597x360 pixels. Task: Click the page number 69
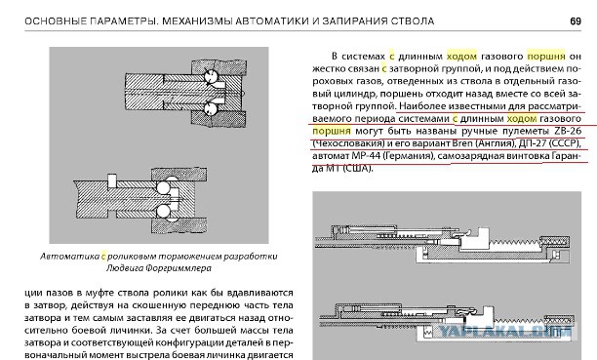pos(576,20)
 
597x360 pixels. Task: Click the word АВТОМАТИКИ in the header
pos(272,20)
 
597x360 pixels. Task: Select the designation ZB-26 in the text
pos(568,131)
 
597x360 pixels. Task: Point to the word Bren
pos(461,143)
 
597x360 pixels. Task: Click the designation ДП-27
pos(532,143)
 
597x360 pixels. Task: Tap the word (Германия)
pos(408,156)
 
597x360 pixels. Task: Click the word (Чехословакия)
pos(348,143)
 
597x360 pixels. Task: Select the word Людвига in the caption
pos(124,268)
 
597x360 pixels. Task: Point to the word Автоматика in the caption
pos(70,257)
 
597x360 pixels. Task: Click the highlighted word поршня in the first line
pos(546,57)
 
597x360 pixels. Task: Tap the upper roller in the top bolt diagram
pos(210,76)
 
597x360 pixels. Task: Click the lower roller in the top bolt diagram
pos(210,108)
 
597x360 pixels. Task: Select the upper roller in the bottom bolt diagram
pos(164,187)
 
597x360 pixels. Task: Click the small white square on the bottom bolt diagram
pos(111,180)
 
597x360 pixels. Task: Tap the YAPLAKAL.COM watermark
pos(505,332)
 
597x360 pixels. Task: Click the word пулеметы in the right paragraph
pos(528,132)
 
